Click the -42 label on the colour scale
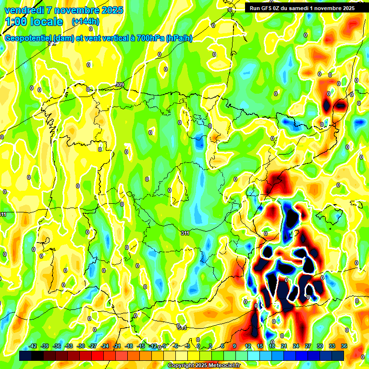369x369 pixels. point(33,346)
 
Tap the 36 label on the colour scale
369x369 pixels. point(344,346)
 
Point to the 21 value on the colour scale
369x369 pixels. point(284,346)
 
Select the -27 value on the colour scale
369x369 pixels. point(93,346)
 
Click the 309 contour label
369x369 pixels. point(120,85)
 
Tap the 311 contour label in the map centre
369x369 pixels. point(185,233)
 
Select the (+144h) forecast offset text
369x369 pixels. point(85,22)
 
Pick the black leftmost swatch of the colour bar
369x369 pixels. point(25,356)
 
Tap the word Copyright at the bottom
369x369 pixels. point(181,366)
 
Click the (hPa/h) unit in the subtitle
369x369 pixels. point(179,38)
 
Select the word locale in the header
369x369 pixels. point(46,22)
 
